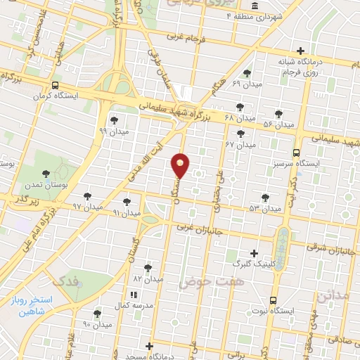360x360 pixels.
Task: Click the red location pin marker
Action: click(x=181, y=165)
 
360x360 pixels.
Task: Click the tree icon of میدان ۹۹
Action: click(x=114, y=120)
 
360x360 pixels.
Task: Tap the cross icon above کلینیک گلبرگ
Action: click(x=254, y=252)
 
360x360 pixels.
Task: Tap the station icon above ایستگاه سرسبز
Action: click(x=297, y=151)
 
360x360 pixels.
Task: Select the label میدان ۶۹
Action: click(x=246, y=84)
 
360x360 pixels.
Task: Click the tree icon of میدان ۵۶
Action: click(x=279, y=112)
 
